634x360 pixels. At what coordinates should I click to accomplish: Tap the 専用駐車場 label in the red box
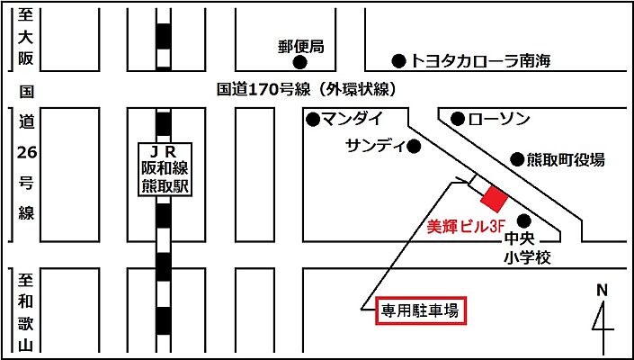420,312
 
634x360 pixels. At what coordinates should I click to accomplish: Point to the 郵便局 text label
300,45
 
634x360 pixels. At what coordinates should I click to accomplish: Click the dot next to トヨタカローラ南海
398,61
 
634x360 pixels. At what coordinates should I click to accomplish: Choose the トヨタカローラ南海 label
479,61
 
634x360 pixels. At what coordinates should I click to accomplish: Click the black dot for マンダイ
312,118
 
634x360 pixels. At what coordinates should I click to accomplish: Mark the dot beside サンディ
415,145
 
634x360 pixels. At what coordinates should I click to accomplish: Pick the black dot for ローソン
458,118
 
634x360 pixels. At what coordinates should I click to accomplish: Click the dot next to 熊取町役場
516,159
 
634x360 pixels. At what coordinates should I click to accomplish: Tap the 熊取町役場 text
566,159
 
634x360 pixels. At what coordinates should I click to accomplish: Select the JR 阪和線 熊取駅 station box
164,168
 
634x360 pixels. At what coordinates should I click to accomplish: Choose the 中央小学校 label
526,249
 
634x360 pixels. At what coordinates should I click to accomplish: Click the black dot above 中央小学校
523,220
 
